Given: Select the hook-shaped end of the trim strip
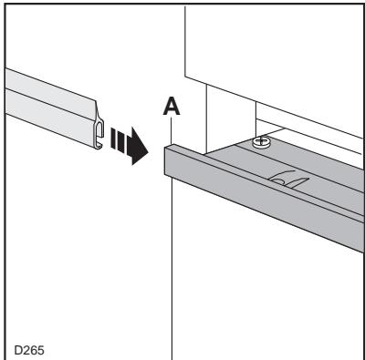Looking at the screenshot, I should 97,136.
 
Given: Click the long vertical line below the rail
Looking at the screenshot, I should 172,273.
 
